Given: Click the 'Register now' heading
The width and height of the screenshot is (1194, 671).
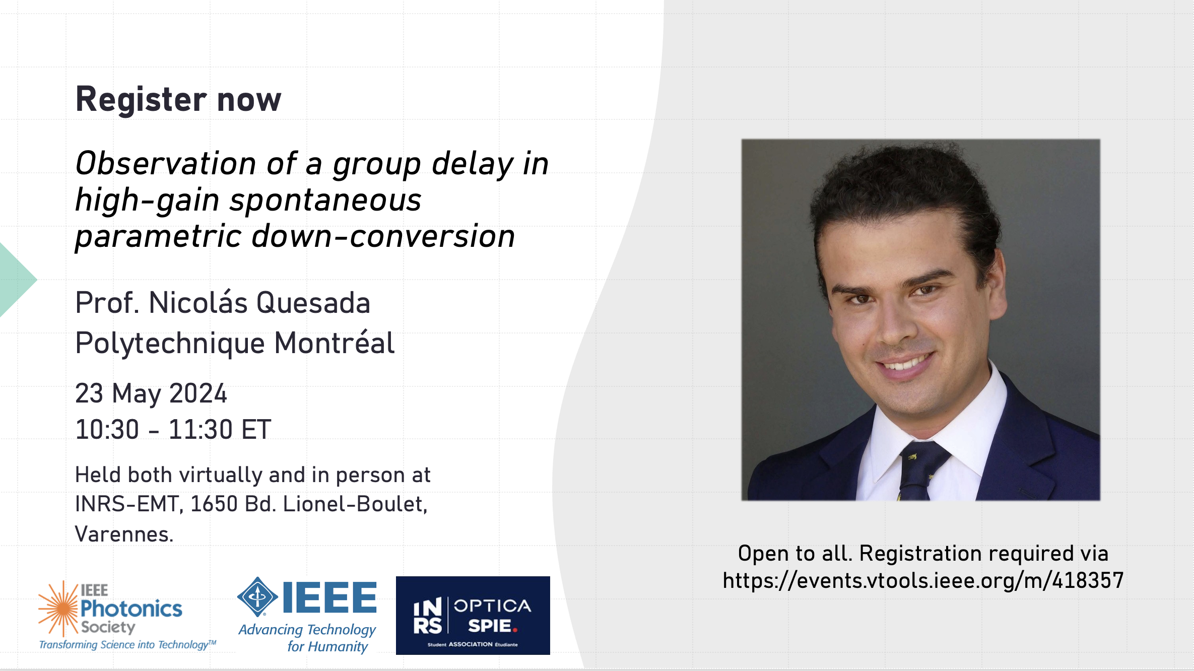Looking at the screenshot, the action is point(178,99).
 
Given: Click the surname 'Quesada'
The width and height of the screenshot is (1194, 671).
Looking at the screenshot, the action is point(313,303).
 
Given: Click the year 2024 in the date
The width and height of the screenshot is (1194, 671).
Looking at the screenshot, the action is point(198,393).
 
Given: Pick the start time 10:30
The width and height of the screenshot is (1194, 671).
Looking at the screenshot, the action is point(107,430).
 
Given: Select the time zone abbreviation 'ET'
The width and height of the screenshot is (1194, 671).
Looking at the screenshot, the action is point(256,430).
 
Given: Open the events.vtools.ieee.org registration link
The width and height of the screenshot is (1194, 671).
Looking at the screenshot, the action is point(923,581).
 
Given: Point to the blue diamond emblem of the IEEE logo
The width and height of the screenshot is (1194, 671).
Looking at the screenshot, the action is point(257,597).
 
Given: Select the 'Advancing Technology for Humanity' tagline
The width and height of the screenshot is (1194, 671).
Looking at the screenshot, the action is point(307,638).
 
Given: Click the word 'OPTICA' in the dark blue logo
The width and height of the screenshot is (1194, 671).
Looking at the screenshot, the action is point(492,606).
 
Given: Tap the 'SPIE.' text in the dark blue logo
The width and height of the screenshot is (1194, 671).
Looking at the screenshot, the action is point(492,626).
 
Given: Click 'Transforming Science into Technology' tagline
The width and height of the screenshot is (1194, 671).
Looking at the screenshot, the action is point(127,645).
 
